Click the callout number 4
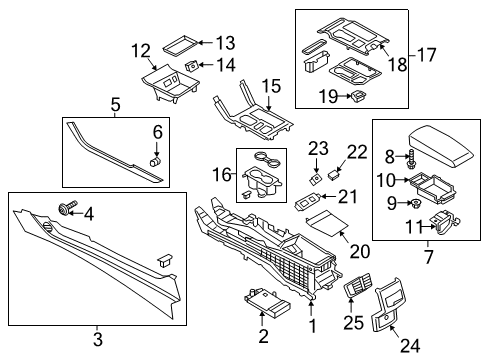(88, 212)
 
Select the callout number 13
(226, 42)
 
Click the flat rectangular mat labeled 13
(181, 43)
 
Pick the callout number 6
(156, 131)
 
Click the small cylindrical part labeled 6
(156, 158)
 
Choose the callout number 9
(392, 203)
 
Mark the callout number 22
(355, 150)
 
